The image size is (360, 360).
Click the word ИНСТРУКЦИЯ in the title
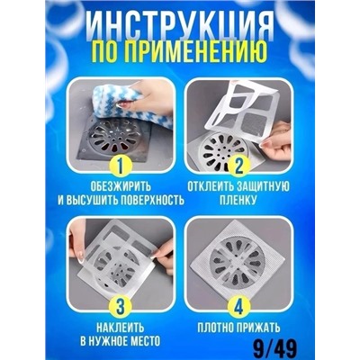180,20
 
